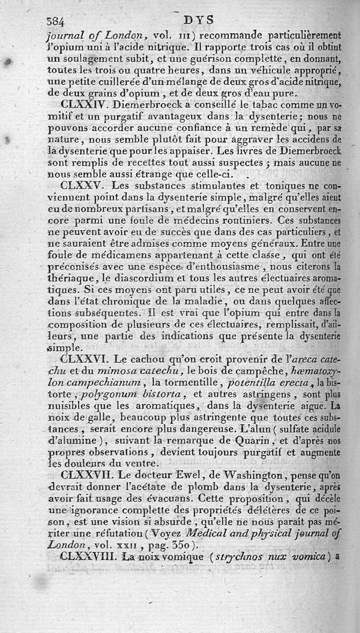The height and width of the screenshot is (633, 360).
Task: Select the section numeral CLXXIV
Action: [86, 104]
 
